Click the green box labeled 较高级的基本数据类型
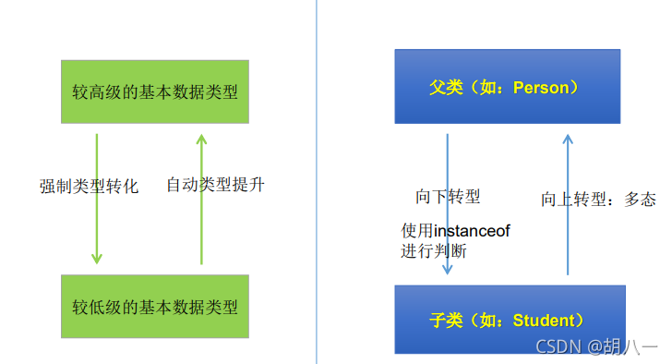click(155, 91)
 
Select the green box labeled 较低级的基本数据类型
click(155, 306)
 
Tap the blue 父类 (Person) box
click(507, 87)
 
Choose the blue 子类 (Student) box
click(509, 321)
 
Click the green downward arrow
click(96, 199)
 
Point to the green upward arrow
click(201, 199)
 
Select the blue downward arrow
click(447, 203)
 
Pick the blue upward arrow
click(568, 203)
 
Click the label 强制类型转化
click(89, 186)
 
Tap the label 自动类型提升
click(215, 185)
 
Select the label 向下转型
click(448, 197)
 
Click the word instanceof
click(472, 230)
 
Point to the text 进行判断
click(433, 250)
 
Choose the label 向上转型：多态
click(598, 199)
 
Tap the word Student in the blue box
click(543, 321)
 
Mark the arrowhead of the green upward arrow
click(201, 140)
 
